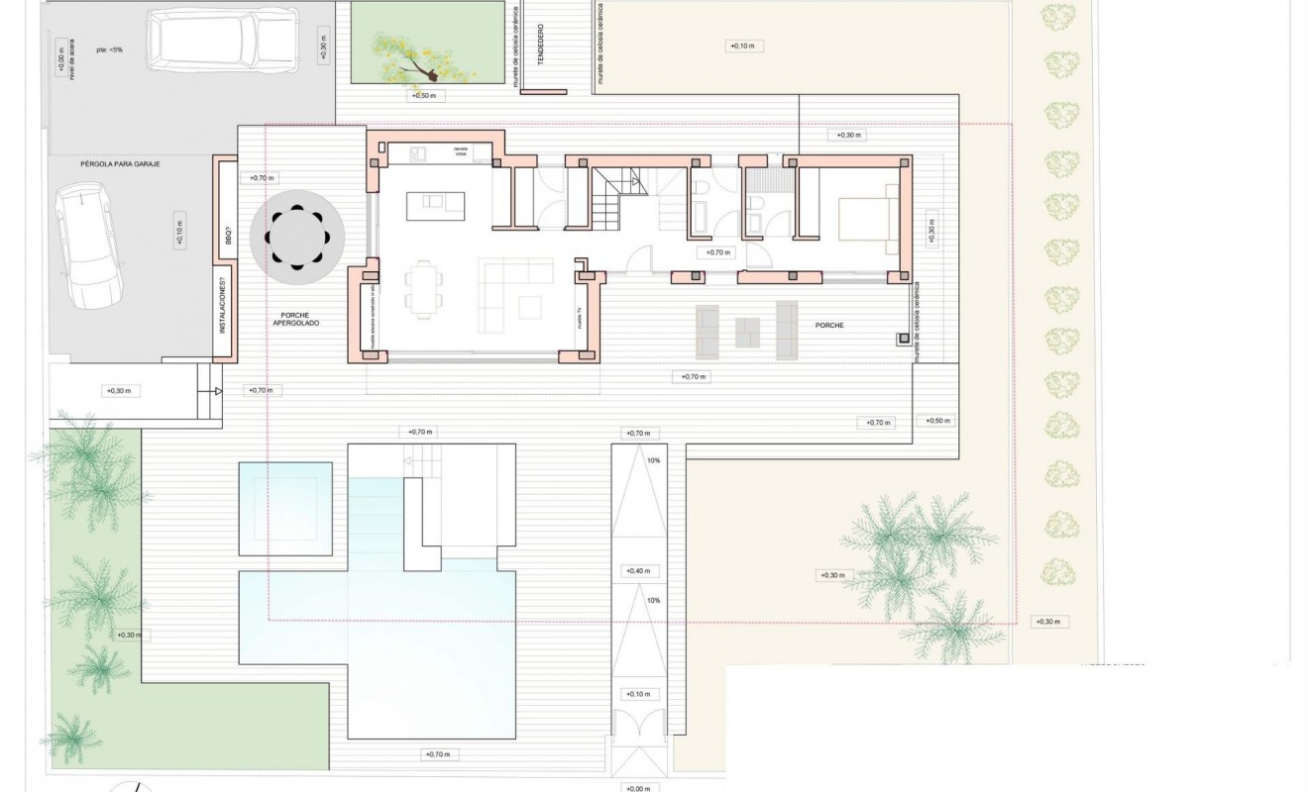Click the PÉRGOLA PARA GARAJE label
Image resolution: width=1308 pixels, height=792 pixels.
coord(120,163)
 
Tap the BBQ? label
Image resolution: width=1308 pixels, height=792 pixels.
coord(226,235)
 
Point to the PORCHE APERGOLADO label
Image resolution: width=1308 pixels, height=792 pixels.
coord(297,319)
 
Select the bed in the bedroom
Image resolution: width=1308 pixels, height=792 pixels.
coord(868,219)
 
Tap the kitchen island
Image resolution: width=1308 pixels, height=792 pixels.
coord(435,205)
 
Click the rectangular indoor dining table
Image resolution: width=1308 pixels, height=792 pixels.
coord(423,289)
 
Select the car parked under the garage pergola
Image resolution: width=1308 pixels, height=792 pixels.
coord(87,247)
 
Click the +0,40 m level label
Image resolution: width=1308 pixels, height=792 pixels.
coord(638,571)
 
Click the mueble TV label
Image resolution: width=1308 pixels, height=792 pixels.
coord(580,318)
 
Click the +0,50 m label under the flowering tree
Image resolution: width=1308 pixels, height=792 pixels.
coord(425,96)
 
